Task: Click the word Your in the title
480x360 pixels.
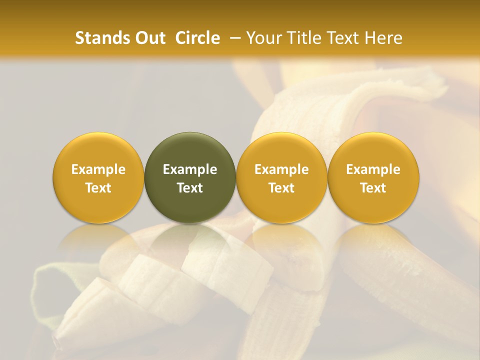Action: [263, 38]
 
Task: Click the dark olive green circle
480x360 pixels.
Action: [190, 150]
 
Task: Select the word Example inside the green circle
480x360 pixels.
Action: [190, 169]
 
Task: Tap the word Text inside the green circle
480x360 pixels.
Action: [190, 188]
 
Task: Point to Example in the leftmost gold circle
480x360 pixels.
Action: [98, 169]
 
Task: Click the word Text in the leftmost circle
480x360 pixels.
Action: [98, 188]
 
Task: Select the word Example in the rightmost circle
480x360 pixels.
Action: [373, 169]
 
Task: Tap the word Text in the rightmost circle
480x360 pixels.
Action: [373, 188]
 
